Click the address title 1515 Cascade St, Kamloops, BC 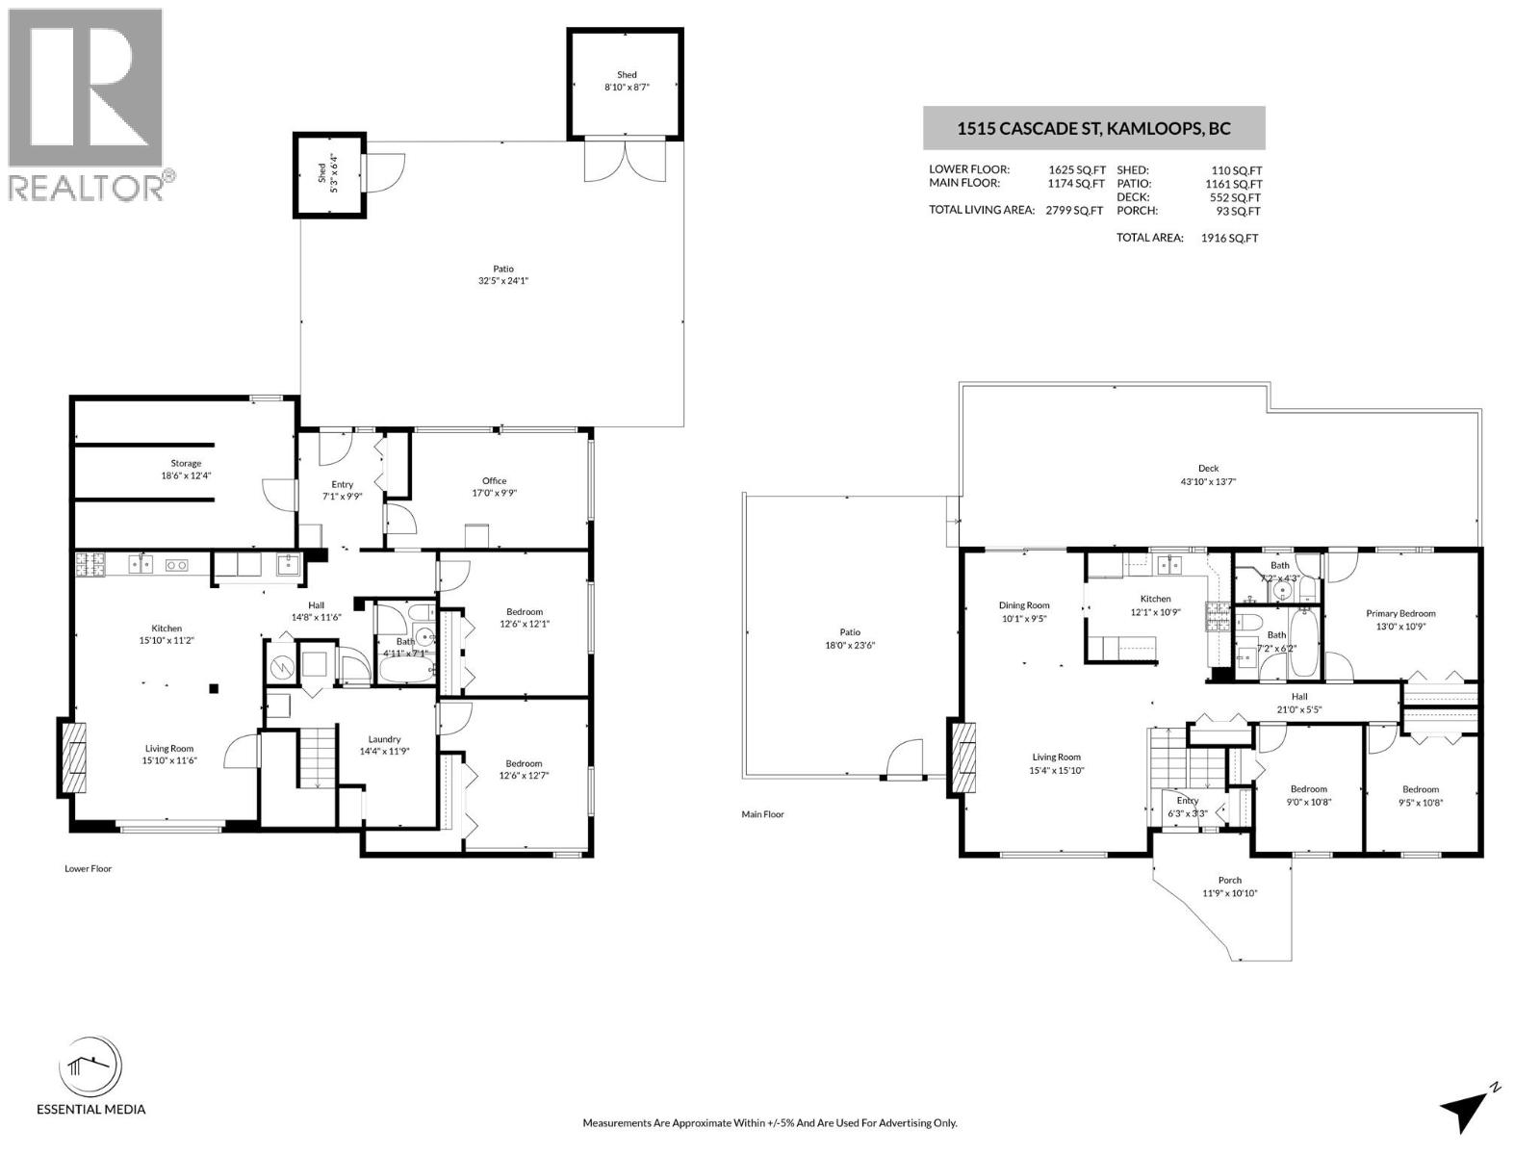(x=1093, y=128)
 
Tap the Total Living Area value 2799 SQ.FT (x=1074, y=210)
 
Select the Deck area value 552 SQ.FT (x=1237, y=197)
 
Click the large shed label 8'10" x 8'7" (x=627, y=81)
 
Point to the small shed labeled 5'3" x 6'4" (x=329, y=174)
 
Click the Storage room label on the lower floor (x=186, y=469)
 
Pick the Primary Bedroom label (x=1400, y=619)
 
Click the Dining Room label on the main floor (x=1023, y=612)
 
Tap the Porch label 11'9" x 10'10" (x=1229, y=886)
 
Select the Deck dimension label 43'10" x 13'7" (x=1208, y=475)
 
